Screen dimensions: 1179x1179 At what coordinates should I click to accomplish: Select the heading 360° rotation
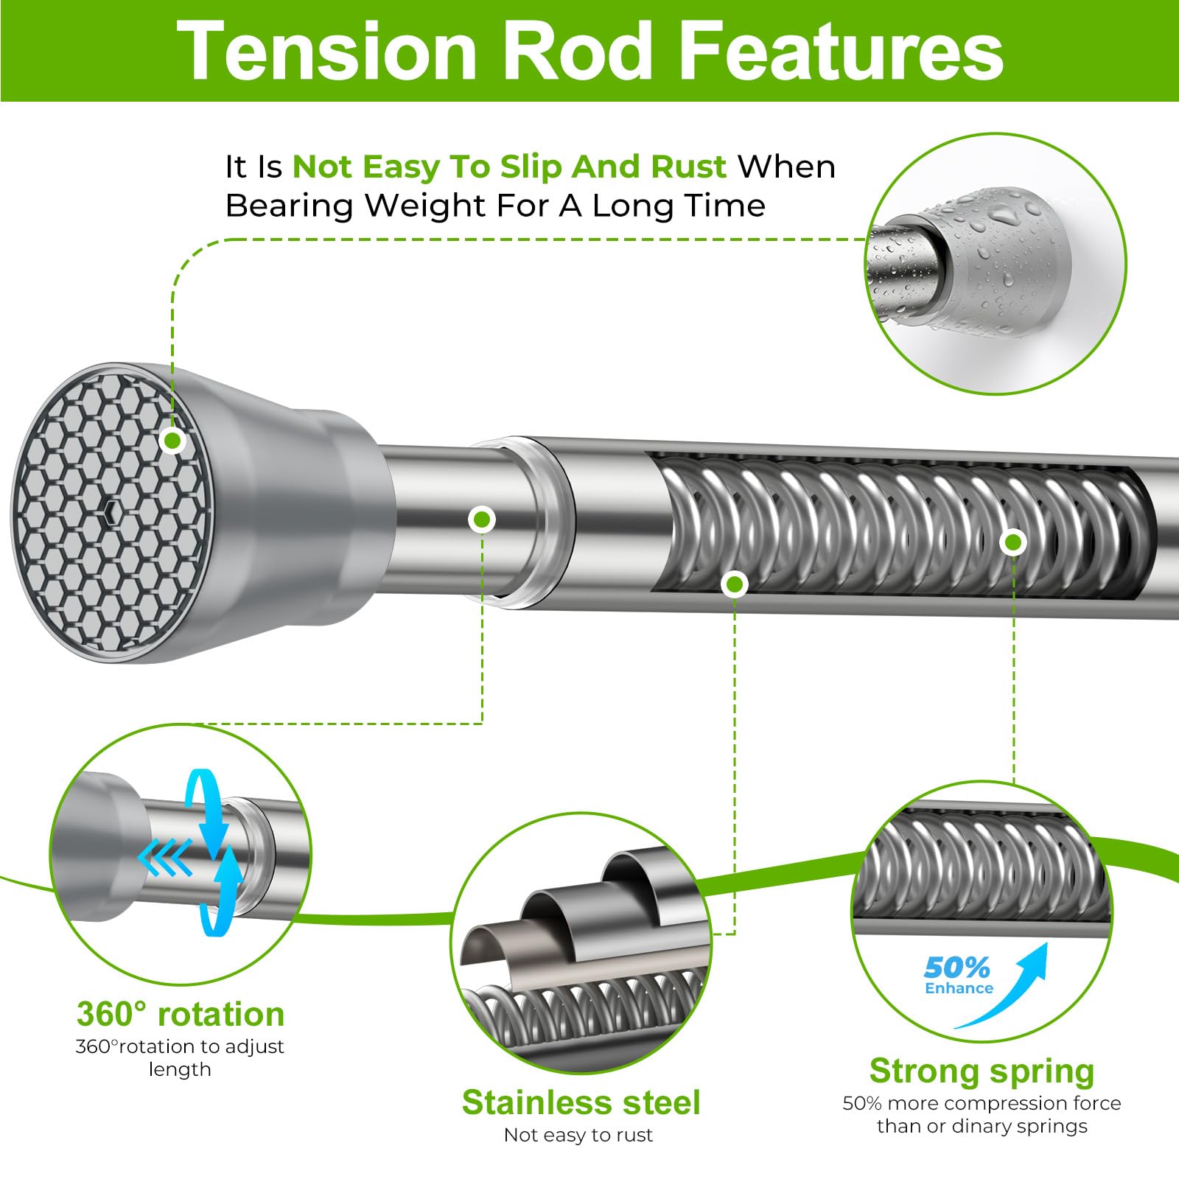(x=181, y=1014)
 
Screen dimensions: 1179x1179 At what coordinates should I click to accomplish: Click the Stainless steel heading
(x=581, y=1102)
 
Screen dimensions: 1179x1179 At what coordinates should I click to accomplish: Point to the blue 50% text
(x=956, y=967)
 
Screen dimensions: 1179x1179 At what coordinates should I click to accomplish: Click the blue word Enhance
(x=959, y=988)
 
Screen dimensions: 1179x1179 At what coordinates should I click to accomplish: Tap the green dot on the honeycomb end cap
(x=172, y=441)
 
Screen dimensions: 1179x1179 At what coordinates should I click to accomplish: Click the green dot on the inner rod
(x=482, y=519)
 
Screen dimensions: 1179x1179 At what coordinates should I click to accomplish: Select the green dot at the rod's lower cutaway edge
(x=734, y=585)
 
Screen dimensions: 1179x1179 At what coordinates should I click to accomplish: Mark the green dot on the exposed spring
(x=1013, y=542)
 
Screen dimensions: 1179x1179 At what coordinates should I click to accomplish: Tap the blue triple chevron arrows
(x=165, y=858)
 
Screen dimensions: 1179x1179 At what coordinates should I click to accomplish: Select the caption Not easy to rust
(x=578, y=1135)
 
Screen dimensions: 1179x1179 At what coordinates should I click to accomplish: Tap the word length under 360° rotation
(x=180, y=1070)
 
